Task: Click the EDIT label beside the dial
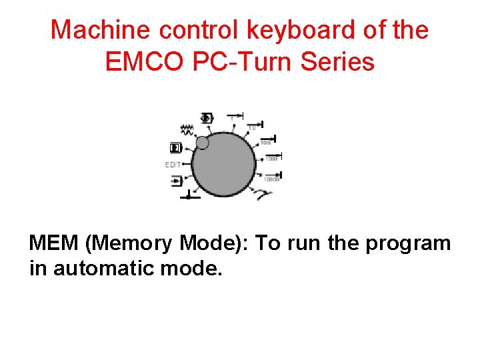[x=173, y=164]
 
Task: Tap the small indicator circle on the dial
[x=203, y=143]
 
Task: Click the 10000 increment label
[x=271, y=179]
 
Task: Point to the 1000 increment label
[x=271, y=159]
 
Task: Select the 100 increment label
[x=266, y=142]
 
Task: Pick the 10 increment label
[x=253, y=127]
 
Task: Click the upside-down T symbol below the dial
[x=188, y=195]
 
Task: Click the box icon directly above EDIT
[x=175, y=147]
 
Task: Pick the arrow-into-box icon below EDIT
[x=176, y=180]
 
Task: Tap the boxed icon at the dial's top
[x=207, y=118]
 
